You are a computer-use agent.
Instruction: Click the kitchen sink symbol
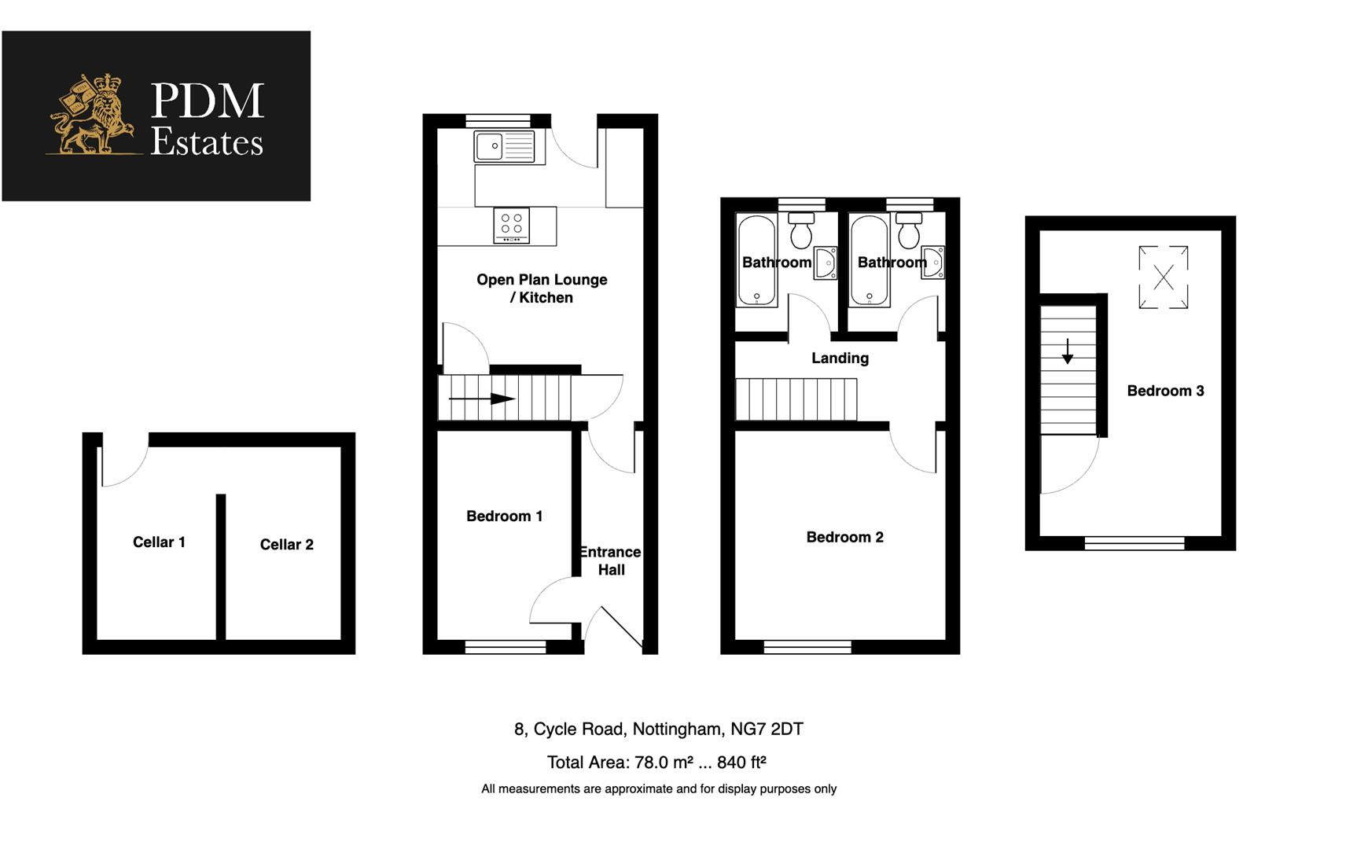point(504,146)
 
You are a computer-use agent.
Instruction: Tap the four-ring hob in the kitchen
point(511,225)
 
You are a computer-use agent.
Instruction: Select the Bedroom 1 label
point(504,516)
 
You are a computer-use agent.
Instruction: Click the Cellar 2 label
point(286,545)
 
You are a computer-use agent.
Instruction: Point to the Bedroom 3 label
point(1164,391)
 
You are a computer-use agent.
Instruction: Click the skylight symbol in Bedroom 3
point(1163,277)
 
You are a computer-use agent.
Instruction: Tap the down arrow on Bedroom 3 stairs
point(1067,351)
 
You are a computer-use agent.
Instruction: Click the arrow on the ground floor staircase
point(482,399)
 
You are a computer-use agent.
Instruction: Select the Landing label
point(840,358)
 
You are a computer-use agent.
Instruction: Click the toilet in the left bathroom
point(800,230)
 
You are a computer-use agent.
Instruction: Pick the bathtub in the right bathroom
point(869,259)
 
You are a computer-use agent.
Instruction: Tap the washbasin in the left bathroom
point(825,263)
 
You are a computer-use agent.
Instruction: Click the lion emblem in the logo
point(88,116)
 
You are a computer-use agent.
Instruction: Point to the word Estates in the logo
point(207,142)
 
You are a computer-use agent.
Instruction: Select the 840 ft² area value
point(741,762)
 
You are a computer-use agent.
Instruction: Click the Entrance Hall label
point(611,561)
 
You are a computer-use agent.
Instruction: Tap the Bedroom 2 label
point(844,538)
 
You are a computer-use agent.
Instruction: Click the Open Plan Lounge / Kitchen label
point(542,289)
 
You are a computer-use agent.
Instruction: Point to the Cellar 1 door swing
point(124,468)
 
